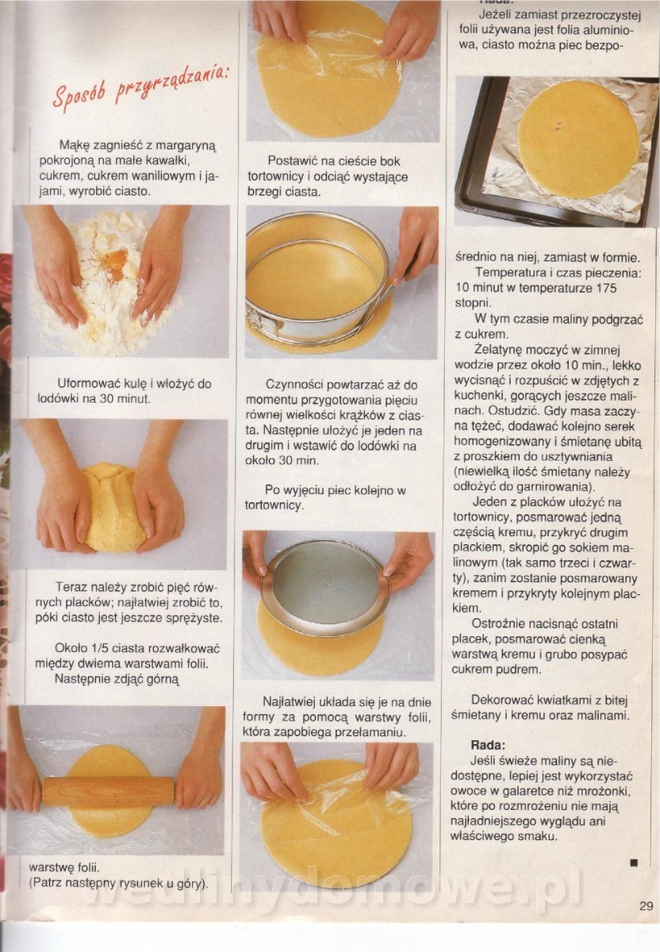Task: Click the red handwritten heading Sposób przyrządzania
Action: point(141,85)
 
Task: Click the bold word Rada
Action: point(488,746)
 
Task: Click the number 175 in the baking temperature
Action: point(606,288)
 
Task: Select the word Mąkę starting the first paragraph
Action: point(74,146)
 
